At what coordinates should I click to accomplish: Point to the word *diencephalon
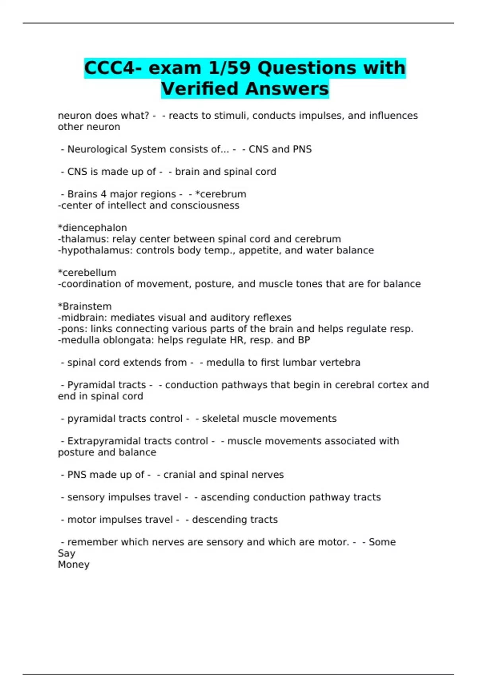click(92, 228)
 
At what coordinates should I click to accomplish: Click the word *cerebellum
click(87, 273)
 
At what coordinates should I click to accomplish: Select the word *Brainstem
click(85, 307)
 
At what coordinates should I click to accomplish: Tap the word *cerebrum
click(221, 194)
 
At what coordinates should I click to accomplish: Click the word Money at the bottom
click(74, 565)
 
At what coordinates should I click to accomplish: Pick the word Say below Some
click(66, 553)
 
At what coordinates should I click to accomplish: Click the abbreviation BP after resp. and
click(304, 340)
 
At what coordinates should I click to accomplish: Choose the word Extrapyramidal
click(104, 441)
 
